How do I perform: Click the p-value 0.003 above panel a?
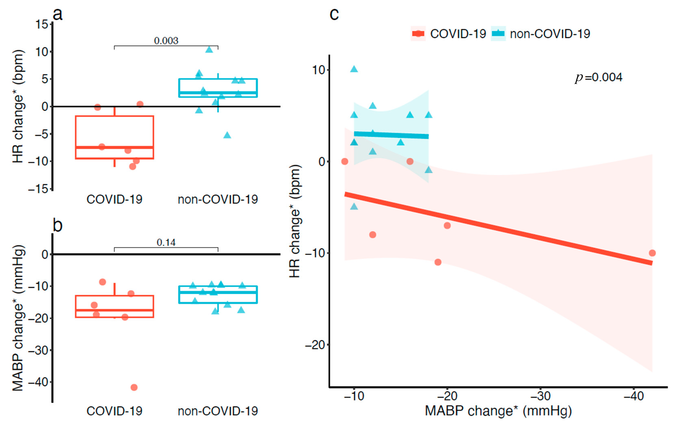tap(166, 41)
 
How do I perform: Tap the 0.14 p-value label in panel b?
tap(166, 242)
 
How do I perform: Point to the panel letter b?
tap(58, 225)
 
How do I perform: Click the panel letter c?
tap(334, 14)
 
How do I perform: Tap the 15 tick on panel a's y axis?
tap(42, 24)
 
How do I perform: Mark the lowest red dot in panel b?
tap(134, 387)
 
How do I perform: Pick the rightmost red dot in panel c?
tap(652, 253)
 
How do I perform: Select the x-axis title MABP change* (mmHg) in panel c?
tap(498, 411)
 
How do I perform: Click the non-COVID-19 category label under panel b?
tap(218, 411)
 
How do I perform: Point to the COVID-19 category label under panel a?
tap(114, 199)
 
